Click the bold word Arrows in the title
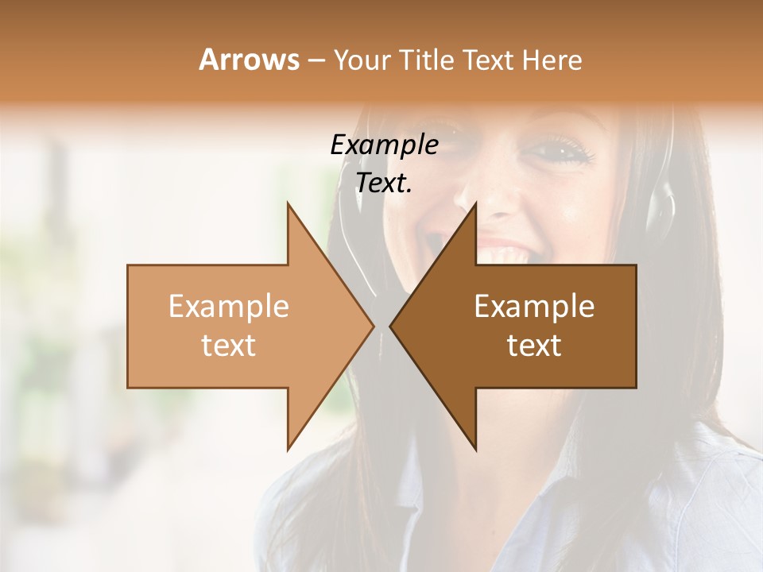pos(250,60)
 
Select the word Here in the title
pos(552,60)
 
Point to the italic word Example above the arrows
pos(384,145)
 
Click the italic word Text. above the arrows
pos(384,183)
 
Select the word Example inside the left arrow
pos(228,307)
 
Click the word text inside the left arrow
pos(228,346)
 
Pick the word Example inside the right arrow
pos(534,307)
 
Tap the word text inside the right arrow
pos(534,346)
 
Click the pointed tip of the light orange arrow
pos(373,326)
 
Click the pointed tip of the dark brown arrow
pos(391,326)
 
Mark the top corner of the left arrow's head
pos(288,204)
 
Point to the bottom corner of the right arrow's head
pos(475,449)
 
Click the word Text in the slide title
pos(485,60)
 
